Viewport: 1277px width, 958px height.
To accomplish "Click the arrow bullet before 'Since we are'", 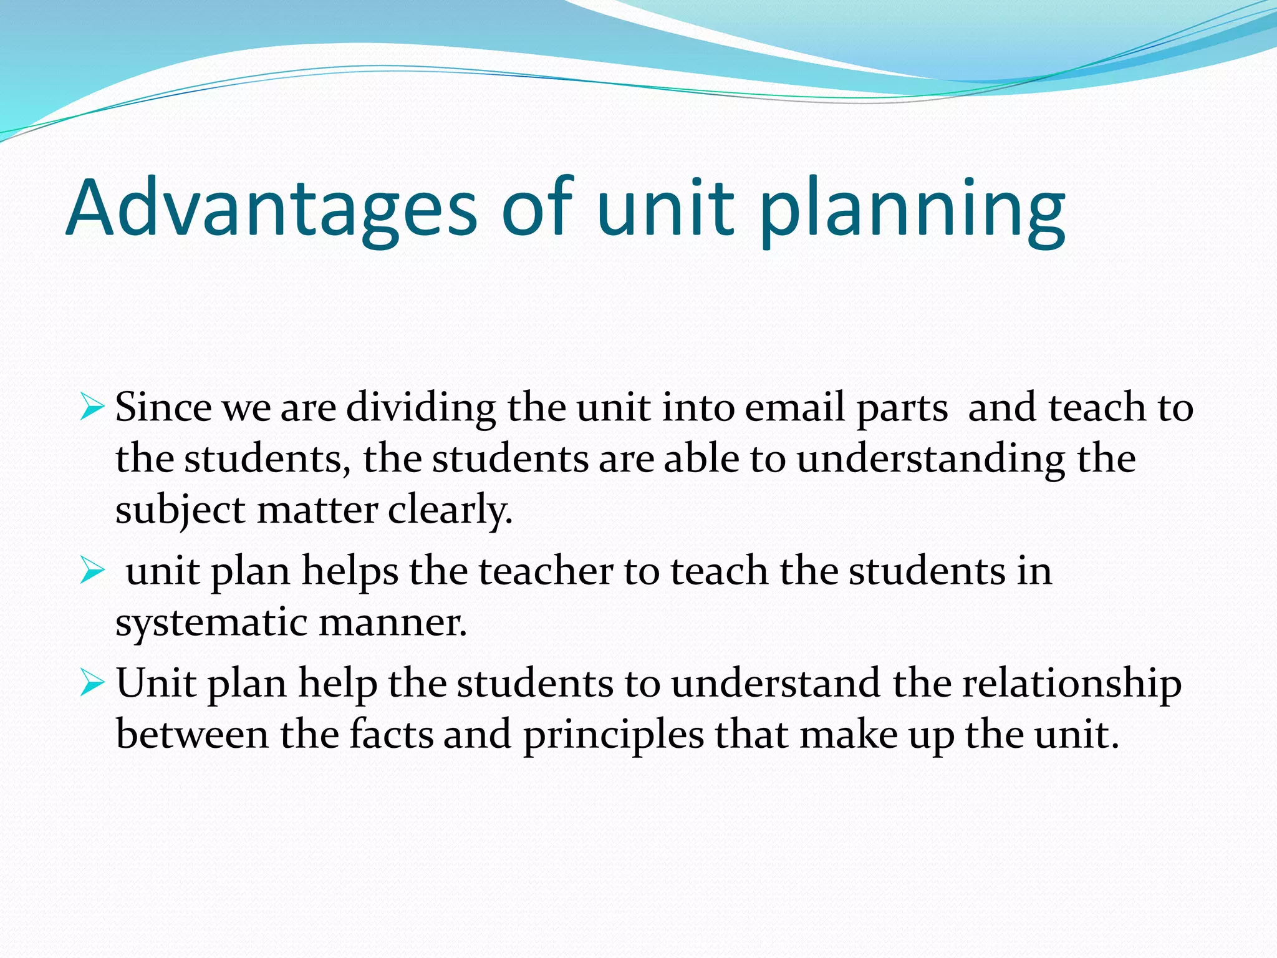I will click(92, 409).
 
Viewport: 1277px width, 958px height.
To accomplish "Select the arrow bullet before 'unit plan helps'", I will click(92, 571).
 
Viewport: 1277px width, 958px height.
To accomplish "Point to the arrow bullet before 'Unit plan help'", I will click(92, 684).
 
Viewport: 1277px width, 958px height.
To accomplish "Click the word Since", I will click(163, 408).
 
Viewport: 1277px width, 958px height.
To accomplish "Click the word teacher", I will click(546, 571).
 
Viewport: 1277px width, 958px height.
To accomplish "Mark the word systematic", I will click(211, 623).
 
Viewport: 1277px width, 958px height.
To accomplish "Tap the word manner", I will click(392, 623).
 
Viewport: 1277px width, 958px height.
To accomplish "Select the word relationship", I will click(1071, 684).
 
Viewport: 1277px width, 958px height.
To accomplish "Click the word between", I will click(192, 735).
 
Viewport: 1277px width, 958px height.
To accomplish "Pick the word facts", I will click(391, 735).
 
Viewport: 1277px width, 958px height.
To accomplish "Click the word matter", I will click(317, 510).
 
